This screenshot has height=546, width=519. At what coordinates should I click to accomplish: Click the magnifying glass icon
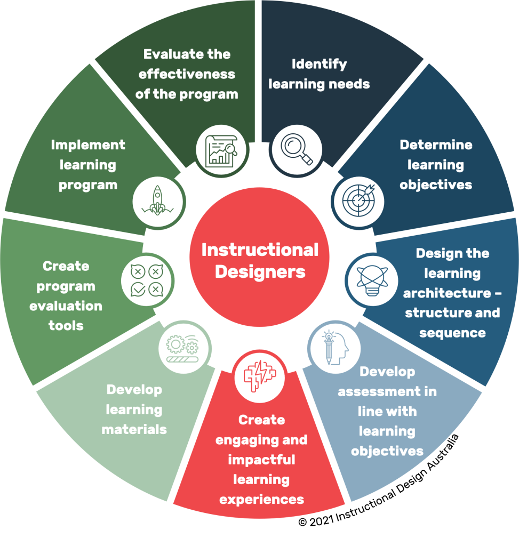(x=297, y=149)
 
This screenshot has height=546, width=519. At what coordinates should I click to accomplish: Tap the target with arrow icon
(x=358, y=200)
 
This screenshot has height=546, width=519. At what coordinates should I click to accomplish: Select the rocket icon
(x=157, y=200)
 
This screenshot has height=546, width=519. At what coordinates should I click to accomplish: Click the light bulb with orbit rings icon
(x=372, y=280)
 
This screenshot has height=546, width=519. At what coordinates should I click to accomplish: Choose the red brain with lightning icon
(x=260, y=376)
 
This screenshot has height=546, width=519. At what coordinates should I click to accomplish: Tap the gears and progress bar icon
(x=183, y=349)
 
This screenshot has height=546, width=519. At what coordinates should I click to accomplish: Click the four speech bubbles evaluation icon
(x=147, y=280)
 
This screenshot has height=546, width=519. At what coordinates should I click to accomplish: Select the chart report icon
(x=221, y=151)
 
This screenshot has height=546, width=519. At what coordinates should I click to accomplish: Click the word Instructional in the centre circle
(x=260, y=250)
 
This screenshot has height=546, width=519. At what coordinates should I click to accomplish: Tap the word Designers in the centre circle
(x=260, y=272)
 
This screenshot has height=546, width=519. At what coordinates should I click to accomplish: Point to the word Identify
(x=319, y=65)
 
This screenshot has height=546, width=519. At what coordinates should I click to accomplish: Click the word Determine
(x=436, y=145)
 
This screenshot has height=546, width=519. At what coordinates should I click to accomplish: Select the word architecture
(x=447, y=293)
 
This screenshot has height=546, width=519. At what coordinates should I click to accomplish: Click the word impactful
(x=261, y=460)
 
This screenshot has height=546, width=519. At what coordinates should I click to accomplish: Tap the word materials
(x=134, y=430)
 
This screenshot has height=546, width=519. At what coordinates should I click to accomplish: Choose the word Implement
(x=88, y=145)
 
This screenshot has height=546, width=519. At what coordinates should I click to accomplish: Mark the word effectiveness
(x=187, y=74)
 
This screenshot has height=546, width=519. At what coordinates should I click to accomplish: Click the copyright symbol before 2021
(x=302, y=522)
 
